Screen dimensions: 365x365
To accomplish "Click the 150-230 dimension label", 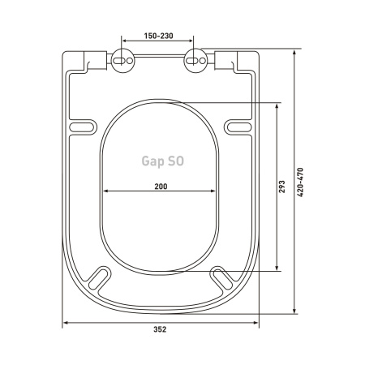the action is click(158, 36).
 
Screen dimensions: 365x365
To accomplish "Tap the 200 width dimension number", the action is click(161, 187).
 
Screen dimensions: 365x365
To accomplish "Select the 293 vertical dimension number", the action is click(281, 187).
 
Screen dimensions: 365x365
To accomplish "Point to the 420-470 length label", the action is click(300, 182).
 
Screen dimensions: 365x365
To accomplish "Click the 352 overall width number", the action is click(160, 329).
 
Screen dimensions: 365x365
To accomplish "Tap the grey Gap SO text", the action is click(163, 161).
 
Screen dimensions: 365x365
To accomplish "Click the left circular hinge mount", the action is click(123, 61).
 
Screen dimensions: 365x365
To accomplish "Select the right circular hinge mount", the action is click(195, 61).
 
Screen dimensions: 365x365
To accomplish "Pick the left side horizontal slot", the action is click(83, 127).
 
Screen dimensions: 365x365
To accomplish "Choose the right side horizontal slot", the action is click(239, 127).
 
